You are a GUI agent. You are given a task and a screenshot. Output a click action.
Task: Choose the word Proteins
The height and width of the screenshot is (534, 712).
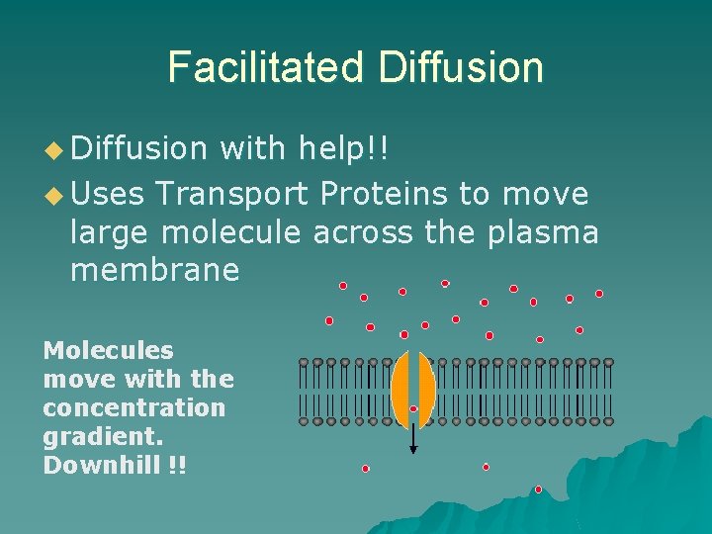click(384, 193)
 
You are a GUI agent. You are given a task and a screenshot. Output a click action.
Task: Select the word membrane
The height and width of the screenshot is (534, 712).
click(154, 269)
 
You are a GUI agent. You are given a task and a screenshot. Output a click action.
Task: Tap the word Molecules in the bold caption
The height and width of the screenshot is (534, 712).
click(108, 350)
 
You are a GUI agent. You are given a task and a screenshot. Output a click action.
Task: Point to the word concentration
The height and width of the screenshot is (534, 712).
click(134, 407)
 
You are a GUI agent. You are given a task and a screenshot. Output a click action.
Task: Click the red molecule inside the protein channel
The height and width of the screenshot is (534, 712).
click(413, 408)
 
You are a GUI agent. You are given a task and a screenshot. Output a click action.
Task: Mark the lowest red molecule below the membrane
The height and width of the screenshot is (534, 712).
click(538, 489)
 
